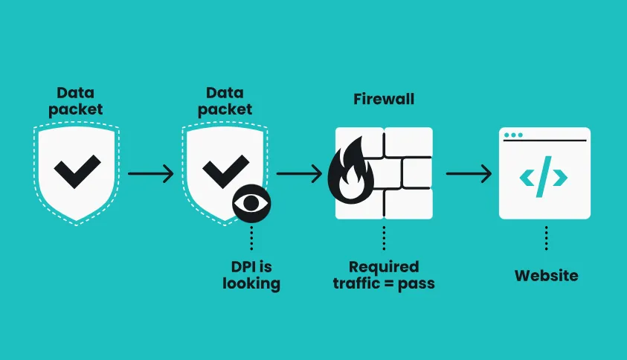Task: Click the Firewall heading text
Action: (x=383, y=99)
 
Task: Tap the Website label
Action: (x=546, y=275)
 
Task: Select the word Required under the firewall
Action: (x=384, y=266)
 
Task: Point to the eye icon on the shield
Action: (x=251, y=202)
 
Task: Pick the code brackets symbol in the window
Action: (x=544, y=177)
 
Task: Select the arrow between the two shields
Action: (x=150, y=174)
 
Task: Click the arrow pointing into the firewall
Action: (x=298, y=174)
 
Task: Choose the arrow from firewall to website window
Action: (x=469, y=174)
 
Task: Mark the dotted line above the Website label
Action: (x=546, y=238)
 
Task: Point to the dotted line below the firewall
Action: (x=384, y=238)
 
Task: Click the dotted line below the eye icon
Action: (x=251, y=238)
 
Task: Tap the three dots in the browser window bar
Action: (x=513, y=135)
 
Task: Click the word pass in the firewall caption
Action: (x=418, y=283)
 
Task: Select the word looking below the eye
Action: (x=251, y=283)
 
